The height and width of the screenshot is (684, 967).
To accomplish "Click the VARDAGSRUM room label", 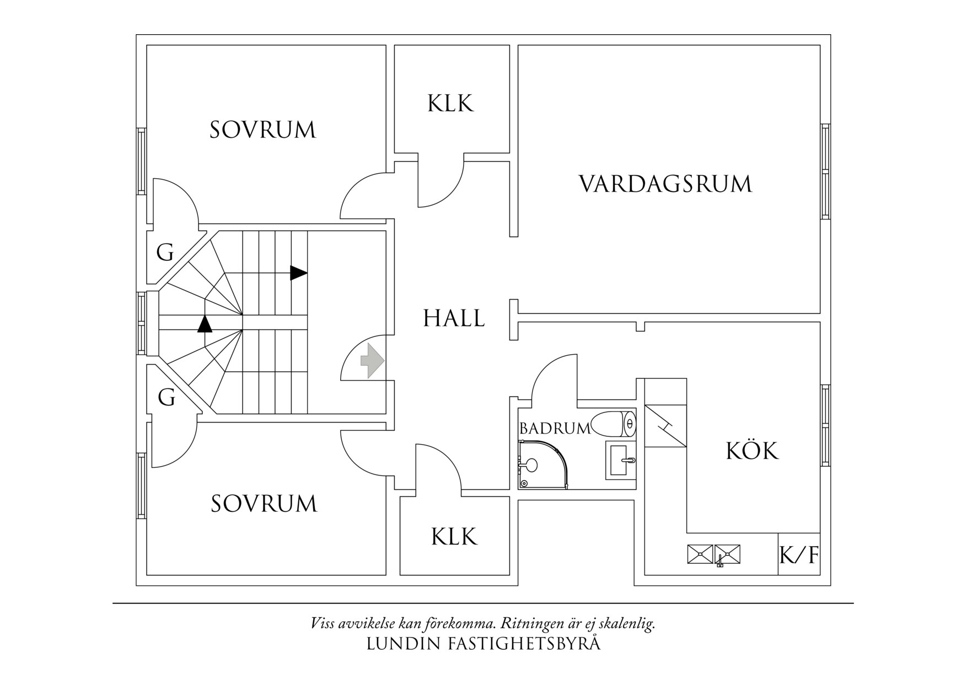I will point(665,184).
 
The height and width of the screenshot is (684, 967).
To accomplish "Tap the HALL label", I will point(454,318).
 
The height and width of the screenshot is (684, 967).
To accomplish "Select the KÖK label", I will point(752,451).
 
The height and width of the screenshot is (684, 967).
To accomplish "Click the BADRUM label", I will point(555,428).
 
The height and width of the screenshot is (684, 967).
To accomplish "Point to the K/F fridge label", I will point(799,555).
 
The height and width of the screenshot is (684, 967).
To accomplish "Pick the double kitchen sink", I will point(714,554).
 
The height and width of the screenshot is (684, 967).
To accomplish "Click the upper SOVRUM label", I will point(263,130).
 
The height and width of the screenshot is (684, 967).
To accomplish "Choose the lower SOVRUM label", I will point(264,504).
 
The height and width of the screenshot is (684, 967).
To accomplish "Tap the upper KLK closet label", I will point(450,103).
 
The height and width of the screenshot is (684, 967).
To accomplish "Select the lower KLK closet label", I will point(454,536).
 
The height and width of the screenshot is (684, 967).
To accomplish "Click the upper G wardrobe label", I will point(165,253).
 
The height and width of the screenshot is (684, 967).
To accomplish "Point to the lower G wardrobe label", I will point(166,397).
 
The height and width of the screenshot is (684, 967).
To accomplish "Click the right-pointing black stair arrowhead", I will point(299,272).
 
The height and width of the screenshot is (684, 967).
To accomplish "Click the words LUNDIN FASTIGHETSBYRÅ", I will point(483,644).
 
